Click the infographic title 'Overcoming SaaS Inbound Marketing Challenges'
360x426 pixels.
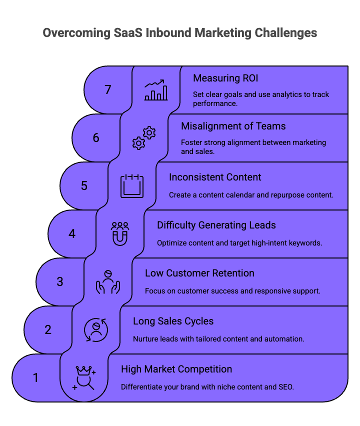[180, 32]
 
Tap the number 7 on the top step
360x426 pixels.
[108, 90]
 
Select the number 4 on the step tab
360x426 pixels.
[72, 233]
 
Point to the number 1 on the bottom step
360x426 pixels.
[35, 377]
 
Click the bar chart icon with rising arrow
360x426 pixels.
[156, 90]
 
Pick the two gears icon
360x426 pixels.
[144, 138]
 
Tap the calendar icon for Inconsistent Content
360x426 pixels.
[132, 185]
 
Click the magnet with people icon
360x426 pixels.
[120, 233]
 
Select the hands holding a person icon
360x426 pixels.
[108, 281]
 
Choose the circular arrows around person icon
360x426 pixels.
[95, 329]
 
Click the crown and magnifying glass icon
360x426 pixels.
[84, 377]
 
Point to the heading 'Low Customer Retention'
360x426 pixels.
[199, 273]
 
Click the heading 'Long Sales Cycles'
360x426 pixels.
[173, 321]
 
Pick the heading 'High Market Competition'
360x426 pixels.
[176, 369]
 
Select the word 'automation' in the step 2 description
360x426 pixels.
[285, 339]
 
